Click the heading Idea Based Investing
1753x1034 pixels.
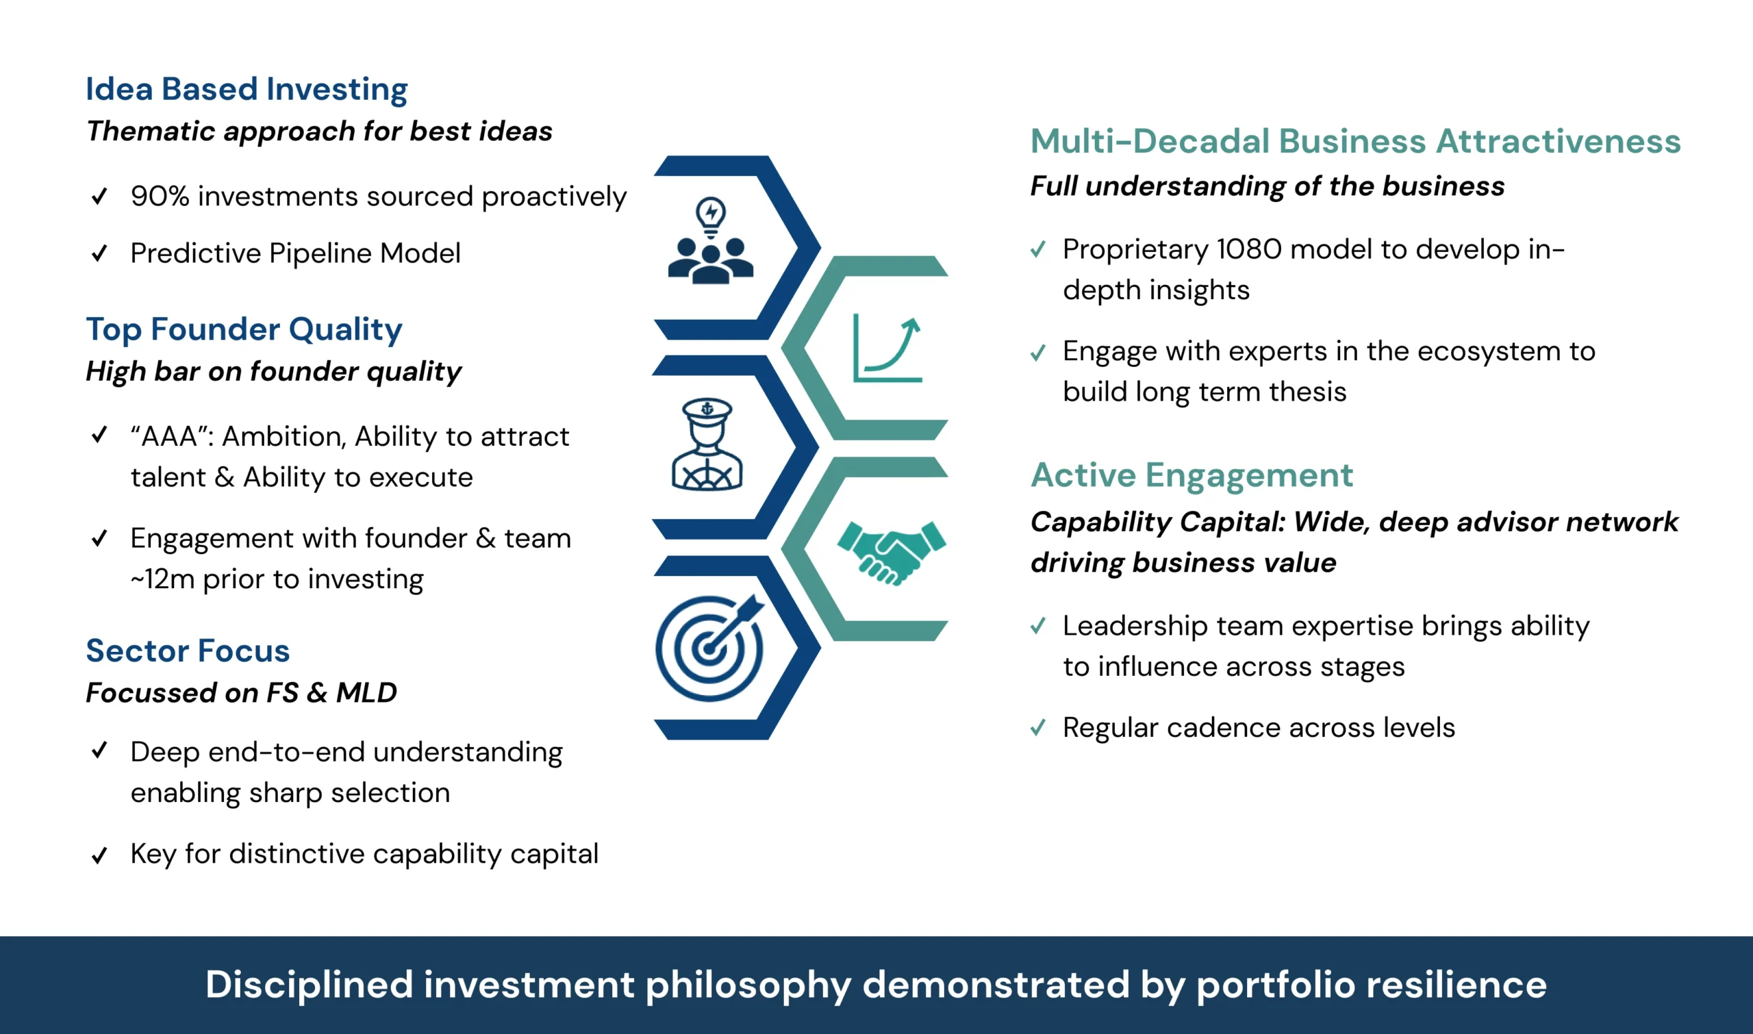tap(247, 89)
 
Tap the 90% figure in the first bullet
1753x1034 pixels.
tap(160, 196)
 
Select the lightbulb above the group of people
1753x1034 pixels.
tap(711, 216)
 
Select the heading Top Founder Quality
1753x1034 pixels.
tap(244, 329)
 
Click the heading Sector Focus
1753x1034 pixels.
tap(188, 651)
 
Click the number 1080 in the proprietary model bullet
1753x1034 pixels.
tap(1249, 249)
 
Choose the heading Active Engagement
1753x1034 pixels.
tap(1191, 475)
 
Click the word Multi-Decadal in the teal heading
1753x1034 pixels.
tap(1151, 141)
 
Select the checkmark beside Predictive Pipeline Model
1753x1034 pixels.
tap(100, 253)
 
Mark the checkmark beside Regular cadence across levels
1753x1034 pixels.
tap(1038, 727)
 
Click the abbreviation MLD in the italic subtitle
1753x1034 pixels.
tap(366, 692)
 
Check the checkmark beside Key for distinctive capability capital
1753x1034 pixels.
tap(100, 854)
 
